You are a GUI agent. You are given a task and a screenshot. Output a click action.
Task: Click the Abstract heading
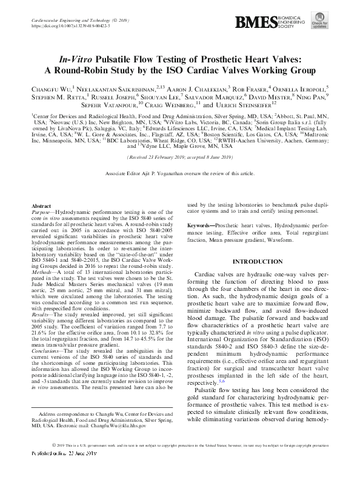pyautogui.click(x=41, y=207)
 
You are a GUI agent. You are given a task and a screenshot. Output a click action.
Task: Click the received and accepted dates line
pyautogui.click(x=179, y=157)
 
